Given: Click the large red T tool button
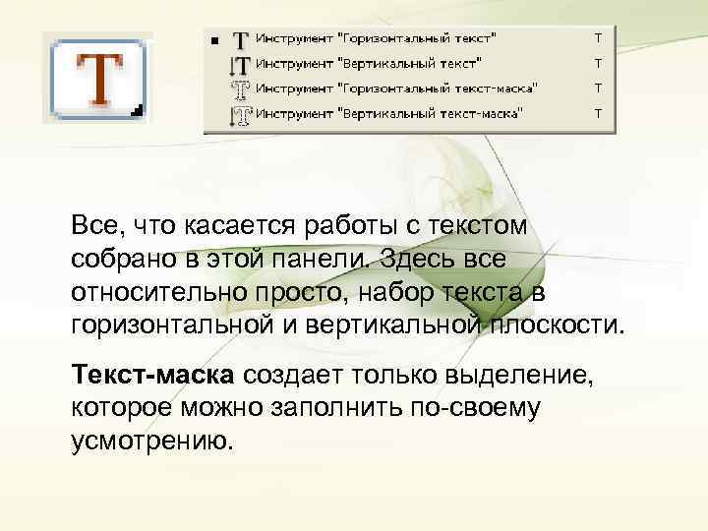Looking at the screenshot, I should coord(98,79).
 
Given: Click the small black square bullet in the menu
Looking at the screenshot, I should coord(214,40).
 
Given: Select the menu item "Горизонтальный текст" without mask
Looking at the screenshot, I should coord(376,38).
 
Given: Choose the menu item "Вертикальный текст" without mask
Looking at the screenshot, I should coord(368,63).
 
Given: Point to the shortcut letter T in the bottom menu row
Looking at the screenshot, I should coord(597,114).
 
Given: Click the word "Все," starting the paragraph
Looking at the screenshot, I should coord(95,225).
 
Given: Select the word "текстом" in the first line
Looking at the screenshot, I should coord(485,225).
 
